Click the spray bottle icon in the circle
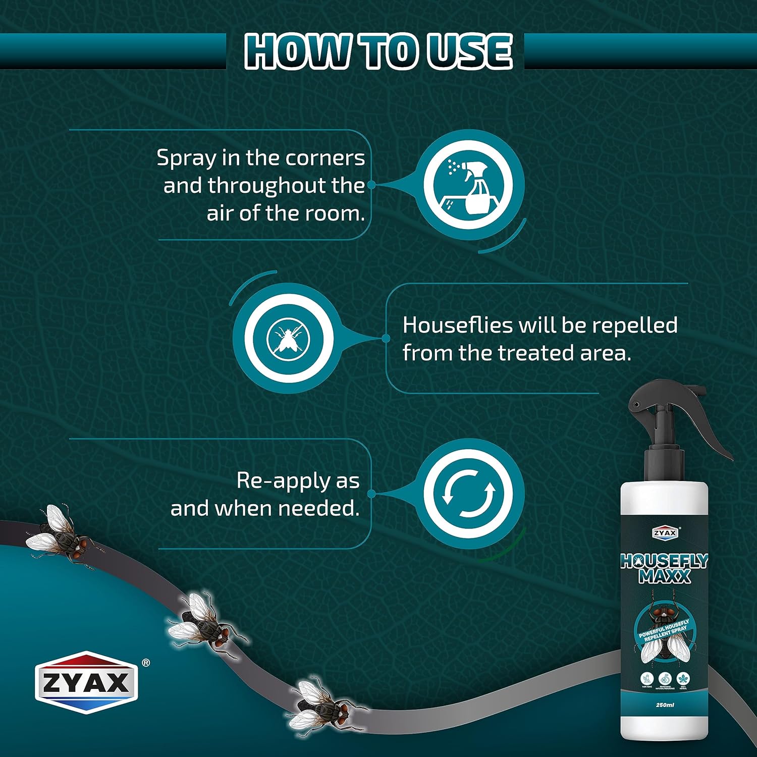point(468,184)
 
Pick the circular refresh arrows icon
point(468,494)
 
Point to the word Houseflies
point(457,326)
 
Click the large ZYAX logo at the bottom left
point(86,683)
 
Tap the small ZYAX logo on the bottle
point(665,533)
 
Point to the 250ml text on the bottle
point(665,705)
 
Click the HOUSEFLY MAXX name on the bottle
point(664,568)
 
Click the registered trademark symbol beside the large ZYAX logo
point(146,663)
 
